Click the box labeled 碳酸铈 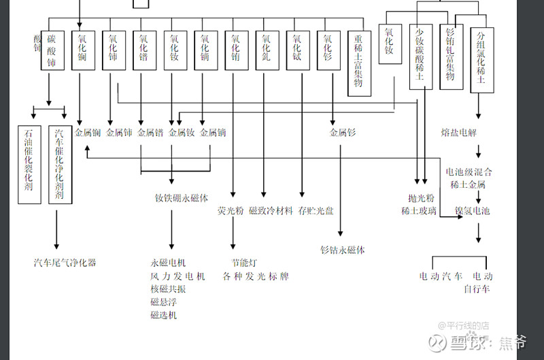[52, 52]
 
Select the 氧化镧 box [82, 52]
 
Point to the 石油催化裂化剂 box [29, 164]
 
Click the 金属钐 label [343, 133]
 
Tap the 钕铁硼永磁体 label [181, 198]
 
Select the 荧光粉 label [230, 211]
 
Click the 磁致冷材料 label [271, 211]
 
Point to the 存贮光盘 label [316, 211]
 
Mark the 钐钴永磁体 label [342, 250]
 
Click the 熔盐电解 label [459, 132]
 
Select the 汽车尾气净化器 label [65, 263]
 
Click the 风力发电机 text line [177, 276]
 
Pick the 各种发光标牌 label [256, 276]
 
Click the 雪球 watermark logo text [466, 343]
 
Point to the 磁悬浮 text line [163, 302]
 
